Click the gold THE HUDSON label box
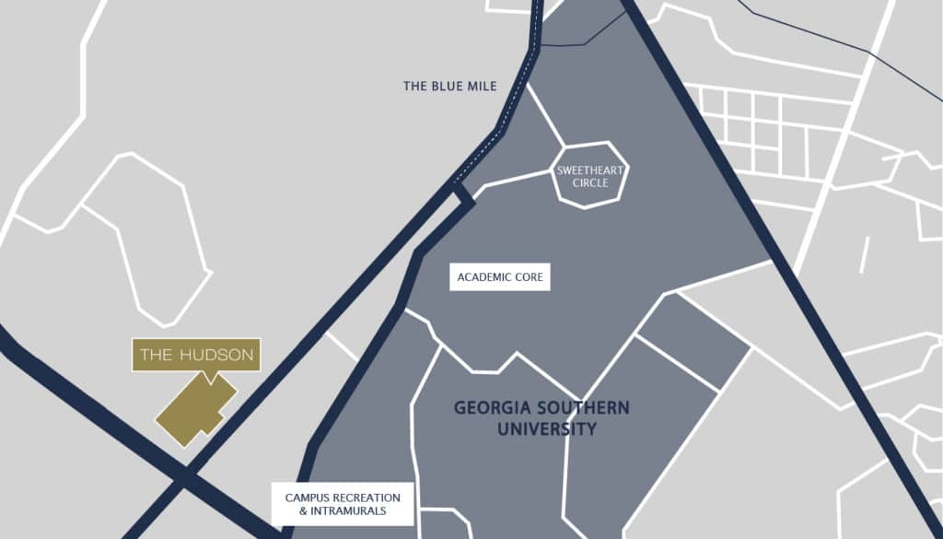(196, 355)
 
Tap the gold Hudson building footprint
(194, 411)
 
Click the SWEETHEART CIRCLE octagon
(589, 175)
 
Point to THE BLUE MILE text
(449, 87)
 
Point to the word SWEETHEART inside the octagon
(589, 170)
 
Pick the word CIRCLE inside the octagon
(589, 182)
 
